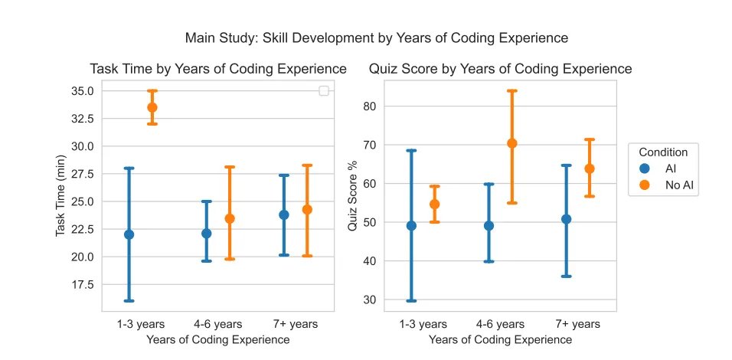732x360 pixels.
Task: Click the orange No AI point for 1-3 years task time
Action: tap(152, 107)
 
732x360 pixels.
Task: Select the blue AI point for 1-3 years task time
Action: tap(129, 234)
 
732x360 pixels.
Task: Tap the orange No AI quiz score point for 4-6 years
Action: tap(512, 143)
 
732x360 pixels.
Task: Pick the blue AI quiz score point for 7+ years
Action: tap(566, 219)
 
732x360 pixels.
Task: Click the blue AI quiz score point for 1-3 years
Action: tap(411, 226)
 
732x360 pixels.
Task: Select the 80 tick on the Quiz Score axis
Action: tap(378, 106)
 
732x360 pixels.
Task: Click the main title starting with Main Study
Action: tap(377, 38)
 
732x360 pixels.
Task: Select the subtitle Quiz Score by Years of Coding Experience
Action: tap(500, 69)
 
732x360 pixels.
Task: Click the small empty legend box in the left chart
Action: tap(324, 91)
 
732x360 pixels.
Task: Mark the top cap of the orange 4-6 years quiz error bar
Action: tap(512, 91)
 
